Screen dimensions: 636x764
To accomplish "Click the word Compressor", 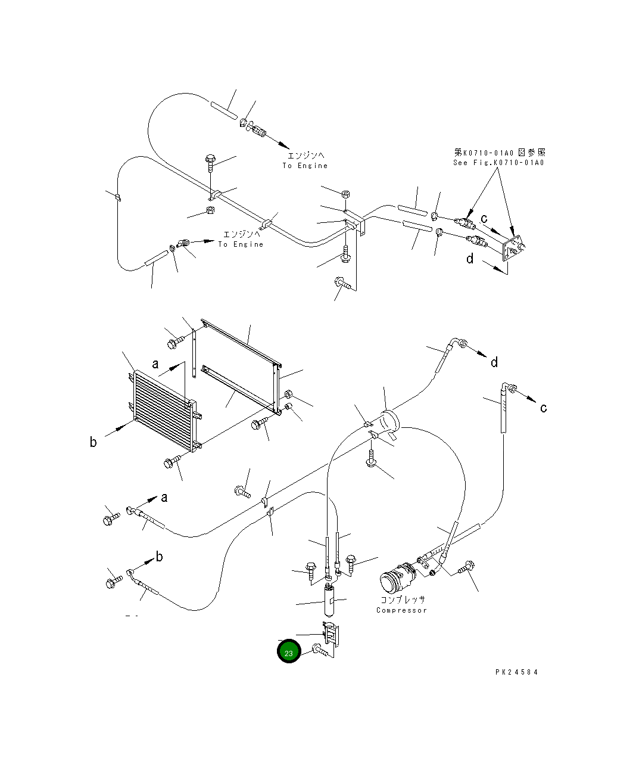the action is point(401,610).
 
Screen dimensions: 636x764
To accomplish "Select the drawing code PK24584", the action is point(516,672).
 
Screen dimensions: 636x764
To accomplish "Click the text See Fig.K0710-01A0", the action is point(498,163).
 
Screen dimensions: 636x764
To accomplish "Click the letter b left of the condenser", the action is point(93,442).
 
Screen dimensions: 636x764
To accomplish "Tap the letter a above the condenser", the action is point(155,364).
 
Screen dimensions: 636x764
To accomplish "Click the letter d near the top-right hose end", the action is point(494,362).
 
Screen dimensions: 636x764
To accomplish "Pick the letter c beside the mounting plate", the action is point(484,219).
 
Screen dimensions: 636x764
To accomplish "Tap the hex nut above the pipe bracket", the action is point(347,194).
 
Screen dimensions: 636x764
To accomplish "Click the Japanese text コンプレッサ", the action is point(403,600).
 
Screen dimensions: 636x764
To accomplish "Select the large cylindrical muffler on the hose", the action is point(389,424).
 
